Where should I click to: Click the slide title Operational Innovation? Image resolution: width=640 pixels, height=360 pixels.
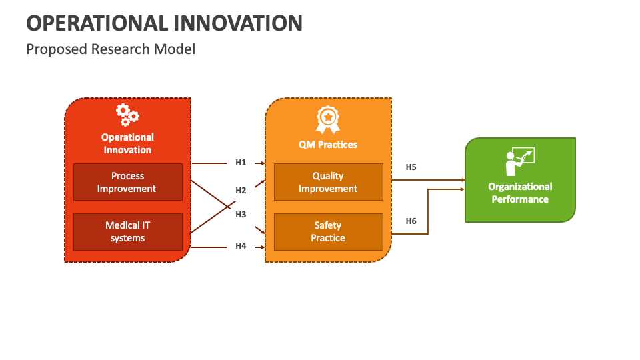(x=164, y=23)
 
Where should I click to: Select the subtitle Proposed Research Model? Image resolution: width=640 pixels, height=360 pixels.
(x=111, y=49)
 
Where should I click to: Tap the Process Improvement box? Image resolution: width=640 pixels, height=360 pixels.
(x=127, y=182)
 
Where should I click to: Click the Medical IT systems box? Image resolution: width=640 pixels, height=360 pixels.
(x=127, y=231)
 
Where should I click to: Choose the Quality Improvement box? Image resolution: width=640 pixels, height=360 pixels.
(x=328, y=182)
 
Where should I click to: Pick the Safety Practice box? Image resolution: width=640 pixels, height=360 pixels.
(x=328, y=231)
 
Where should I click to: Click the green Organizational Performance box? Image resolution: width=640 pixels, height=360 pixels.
(x=520, y=180)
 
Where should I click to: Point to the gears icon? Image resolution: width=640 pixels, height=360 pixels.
(x=127, y=115)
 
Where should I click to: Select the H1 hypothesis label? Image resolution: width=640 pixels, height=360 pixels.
(x=241, y=163)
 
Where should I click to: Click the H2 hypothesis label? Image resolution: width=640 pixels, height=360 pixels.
(x=241, y=191)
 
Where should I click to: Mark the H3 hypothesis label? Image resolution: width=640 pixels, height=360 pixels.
(x=241, y=214)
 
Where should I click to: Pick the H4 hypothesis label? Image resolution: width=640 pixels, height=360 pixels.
(x=241, y=246)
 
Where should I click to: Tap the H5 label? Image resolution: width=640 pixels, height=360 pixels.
(x=411, y=167)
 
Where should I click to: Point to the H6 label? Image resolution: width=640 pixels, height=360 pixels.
(x=411, y=221)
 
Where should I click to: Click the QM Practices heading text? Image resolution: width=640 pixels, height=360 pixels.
(x=327, y=144)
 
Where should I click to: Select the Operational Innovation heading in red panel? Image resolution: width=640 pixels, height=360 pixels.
(x=127, y=143)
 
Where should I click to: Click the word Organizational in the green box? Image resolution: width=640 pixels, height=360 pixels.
(x=520, y=187)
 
